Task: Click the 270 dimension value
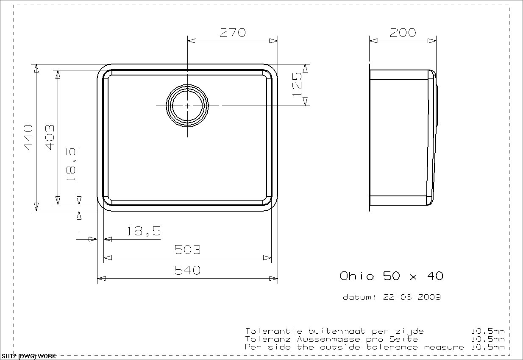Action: click(233, 33)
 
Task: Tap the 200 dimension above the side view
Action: click(403, 33)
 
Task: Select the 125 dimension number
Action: click(297, 84)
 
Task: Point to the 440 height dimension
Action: click(28, 137)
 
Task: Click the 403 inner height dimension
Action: click(50, 137)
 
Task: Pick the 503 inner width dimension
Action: click(187, 250)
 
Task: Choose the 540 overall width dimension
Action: click(187, 271)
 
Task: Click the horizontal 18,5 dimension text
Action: click(144, 231)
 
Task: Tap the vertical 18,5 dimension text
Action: click(71, 164)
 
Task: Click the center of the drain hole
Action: click(187, 106)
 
